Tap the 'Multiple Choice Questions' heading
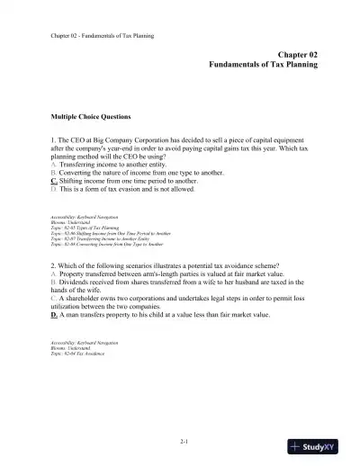[91, 117]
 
